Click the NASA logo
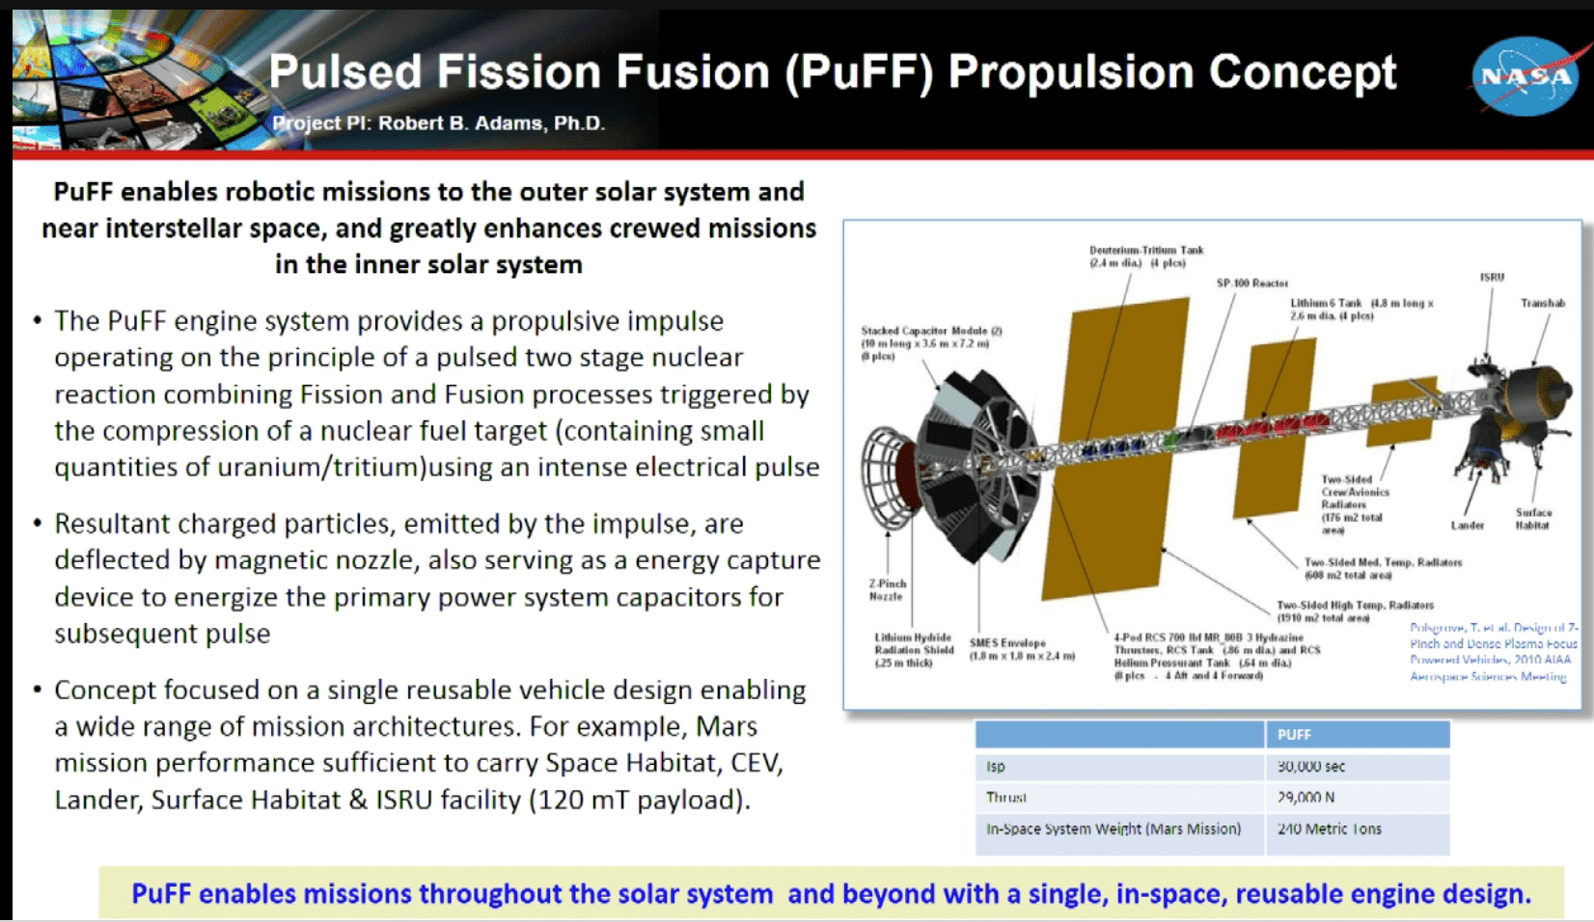pos(1525,76)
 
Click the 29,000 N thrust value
pos(1305,798)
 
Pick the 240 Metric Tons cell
pos(1329,829)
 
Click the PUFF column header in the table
pos(1294,735)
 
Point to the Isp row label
pos(995,767)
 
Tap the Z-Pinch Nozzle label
pos(887,589)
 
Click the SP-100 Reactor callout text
pos(1251,284)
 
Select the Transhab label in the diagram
pos(1542,303)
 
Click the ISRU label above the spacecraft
pos(1492,277)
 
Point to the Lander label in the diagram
pos(1467,526)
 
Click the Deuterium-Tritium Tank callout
pos(1145,256)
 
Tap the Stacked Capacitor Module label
pos(930,342)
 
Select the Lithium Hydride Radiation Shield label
pos(912,650)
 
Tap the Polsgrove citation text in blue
pos(1493,652)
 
